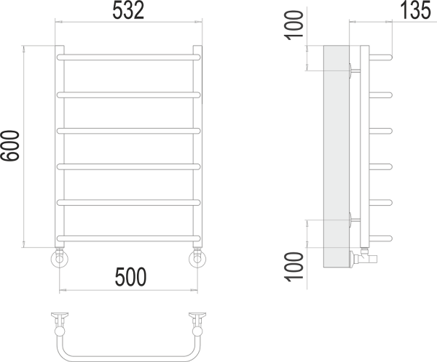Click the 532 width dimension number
pyautogui.click(x=127, y=11)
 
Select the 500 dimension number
pyautogui.click(x=130, y=276)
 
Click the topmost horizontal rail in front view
pyautogui.click(x=127, y=57)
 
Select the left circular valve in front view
pyautogui.click(x=58, y=258)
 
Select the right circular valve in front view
pyautogui.click(x=198, y=258)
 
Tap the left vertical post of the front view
pyautogui.click(x=60, y=145)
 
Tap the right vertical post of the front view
pyautogui.click(x=197, y=145)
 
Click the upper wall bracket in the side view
pyautogui.click(x=353, y=70)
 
